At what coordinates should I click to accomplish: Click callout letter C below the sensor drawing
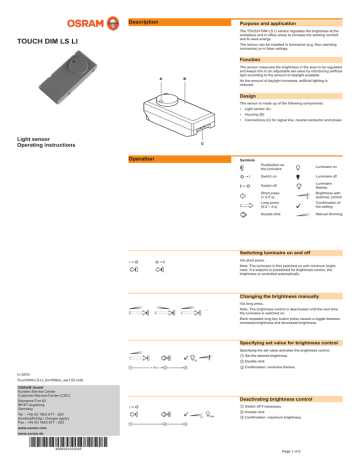pyautogui.click(x=203, y=143)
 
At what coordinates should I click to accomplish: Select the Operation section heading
pyautogui.click(x=143, y=159)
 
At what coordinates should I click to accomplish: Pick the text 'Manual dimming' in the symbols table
pyautogui.click(x=331, y=213)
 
